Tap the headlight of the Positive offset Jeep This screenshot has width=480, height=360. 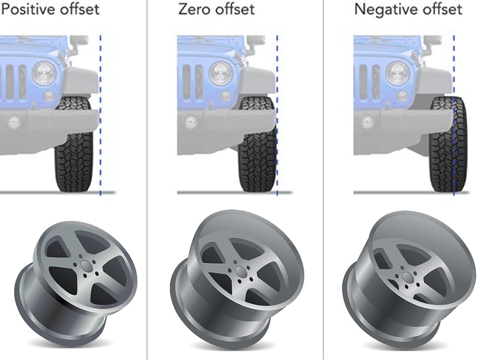coord(44,73)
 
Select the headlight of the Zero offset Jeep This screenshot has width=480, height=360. coord(221,73)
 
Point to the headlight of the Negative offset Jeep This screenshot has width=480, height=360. coord(397,73)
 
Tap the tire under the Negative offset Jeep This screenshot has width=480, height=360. coord(449,144)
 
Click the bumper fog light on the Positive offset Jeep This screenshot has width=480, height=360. coord(13,122)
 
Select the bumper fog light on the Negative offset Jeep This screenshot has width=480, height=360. coord(367,122)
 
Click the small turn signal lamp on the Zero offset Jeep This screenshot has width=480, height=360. coord(226,96)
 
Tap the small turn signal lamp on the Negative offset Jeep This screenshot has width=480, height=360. coord(402,96)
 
